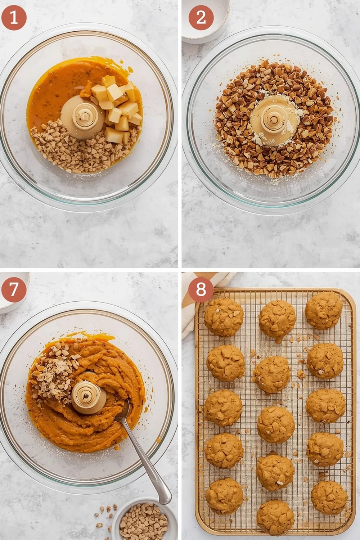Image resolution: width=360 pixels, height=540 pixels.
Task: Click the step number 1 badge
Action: (14, 17)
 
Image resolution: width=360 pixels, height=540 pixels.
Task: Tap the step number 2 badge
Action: (201, 17)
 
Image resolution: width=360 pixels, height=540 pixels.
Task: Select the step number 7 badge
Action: (14, 289)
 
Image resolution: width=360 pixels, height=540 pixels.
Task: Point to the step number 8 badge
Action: (201, 289)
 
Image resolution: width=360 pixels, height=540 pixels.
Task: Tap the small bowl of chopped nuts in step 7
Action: (144, 520)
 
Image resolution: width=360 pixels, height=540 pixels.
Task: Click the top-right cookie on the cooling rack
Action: (324, 310)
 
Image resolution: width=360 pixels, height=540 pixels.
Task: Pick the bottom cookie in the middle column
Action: (275, 517)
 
